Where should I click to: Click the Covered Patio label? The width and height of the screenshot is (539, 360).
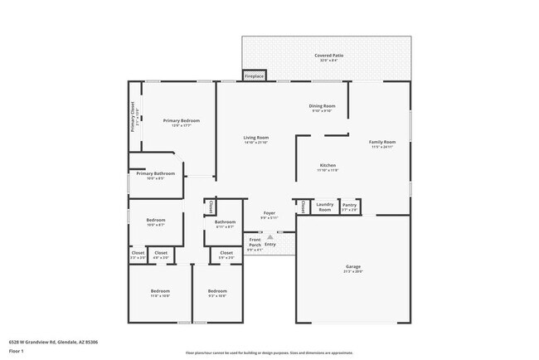(x=328, y=56)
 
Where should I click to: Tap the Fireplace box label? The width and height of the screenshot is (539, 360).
(x=254, y=76)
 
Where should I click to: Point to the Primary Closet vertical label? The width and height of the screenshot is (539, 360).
(x=133, y=117)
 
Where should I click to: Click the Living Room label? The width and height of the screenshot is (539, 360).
(x=255, y=137)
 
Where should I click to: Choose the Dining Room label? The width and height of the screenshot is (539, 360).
(x=322, y=106)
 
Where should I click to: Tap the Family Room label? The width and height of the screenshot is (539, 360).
(x=382, y=142)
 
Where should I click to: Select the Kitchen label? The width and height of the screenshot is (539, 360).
(x=328, y=165)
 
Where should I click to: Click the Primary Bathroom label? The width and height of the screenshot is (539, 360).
(x=155, y=174)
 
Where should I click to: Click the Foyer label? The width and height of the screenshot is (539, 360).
(x=269, y=212)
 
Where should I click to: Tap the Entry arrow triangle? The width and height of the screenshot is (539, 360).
(x=269, y=236)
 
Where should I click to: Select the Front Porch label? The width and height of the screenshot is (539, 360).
(x=255, y=242)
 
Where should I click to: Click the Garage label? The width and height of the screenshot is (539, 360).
(x=353, y=266)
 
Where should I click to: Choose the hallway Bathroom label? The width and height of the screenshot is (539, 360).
(x=226, y=221)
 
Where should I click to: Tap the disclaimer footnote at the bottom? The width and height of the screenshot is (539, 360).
(x=269, y=353)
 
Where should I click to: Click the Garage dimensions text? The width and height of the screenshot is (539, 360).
(x=353, y=271)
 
